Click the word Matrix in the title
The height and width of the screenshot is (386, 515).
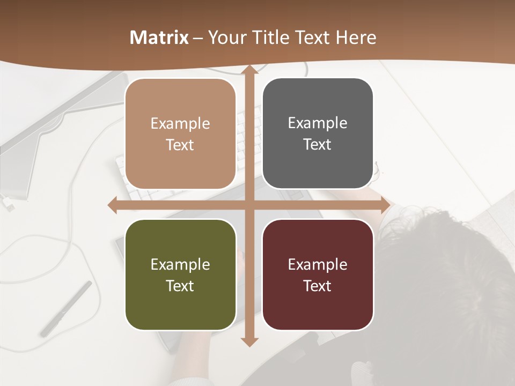pos(159,38)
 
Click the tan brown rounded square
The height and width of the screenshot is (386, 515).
pos(180,134)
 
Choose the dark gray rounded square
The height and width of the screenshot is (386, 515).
pos(318,133)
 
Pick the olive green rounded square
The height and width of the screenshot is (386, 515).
pos(180,275)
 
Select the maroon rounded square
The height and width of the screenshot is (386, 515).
pos(318,275)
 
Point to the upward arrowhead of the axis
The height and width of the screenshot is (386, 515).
pos(249,70)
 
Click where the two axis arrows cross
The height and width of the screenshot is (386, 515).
pos(249,205)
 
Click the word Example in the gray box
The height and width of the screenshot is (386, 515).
pos(318,123)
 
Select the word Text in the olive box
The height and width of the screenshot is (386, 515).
pos(180,286)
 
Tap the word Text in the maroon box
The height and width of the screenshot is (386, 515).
pos(318,286)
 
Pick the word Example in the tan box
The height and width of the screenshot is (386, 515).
pos(180,124)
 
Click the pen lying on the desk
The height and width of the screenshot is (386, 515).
pos(66,309)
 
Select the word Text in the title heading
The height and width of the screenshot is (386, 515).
pos(311,38)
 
